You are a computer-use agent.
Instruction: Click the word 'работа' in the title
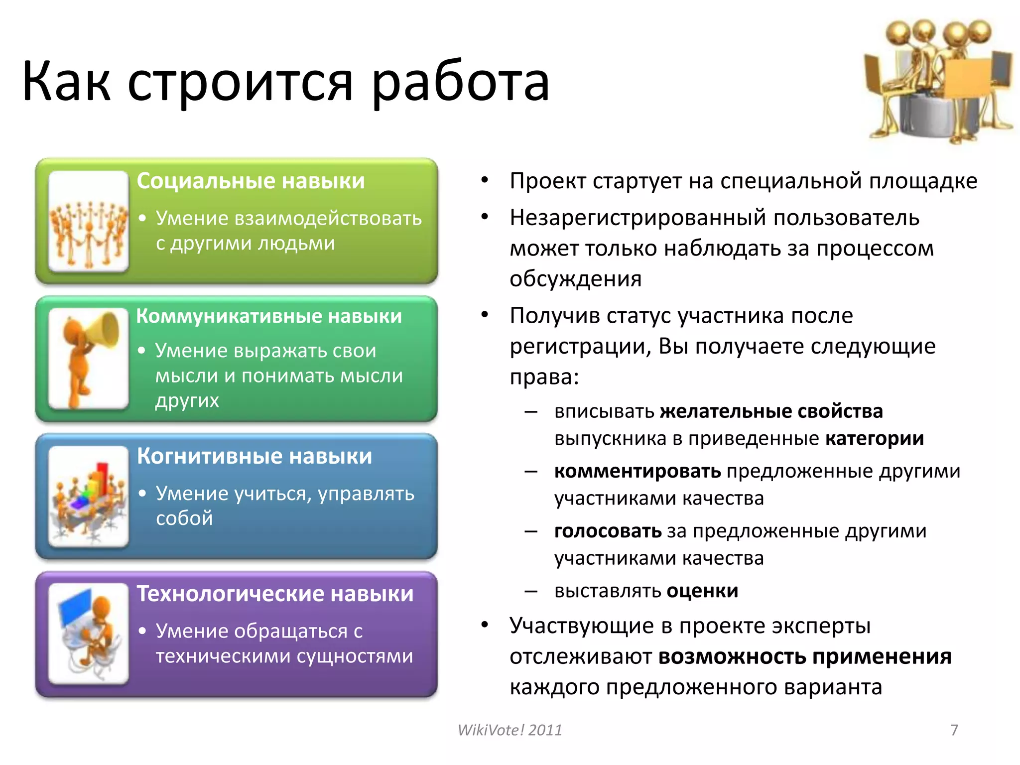point(461,82)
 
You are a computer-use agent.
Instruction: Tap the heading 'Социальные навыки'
point(251,181)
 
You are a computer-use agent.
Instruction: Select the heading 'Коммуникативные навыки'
point(269,316)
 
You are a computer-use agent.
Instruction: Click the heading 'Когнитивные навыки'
point(255,456)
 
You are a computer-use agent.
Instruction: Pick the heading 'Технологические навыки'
point(275,594)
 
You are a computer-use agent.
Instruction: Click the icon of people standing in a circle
point(89,222)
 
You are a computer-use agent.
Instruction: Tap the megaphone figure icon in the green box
point(89,359)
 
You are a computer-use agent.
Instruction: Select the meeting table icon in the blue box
point(89,497)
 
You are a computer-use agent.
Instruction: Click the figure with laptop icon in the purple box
point(89,634)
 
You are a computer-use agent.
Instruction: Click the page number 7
point(954,730)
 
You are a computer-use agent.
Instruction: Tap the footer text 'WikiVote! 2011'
point(510,730)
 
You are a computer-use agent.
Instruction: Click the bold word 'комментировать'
point(637,471)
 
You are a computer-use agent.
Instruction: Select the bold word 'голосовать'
point(608,531)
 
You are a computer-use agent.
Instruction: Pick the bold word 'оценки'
point(702,591)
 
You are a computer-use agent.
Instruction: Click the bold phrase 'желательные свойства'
point(771,411)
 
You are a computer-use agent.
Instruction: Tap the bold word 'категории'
point(874,439)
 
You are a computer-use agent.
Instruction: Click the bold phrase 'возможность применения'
point(804,657)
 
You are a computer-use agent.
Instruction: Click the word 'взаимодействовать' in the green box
point(328,219)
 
